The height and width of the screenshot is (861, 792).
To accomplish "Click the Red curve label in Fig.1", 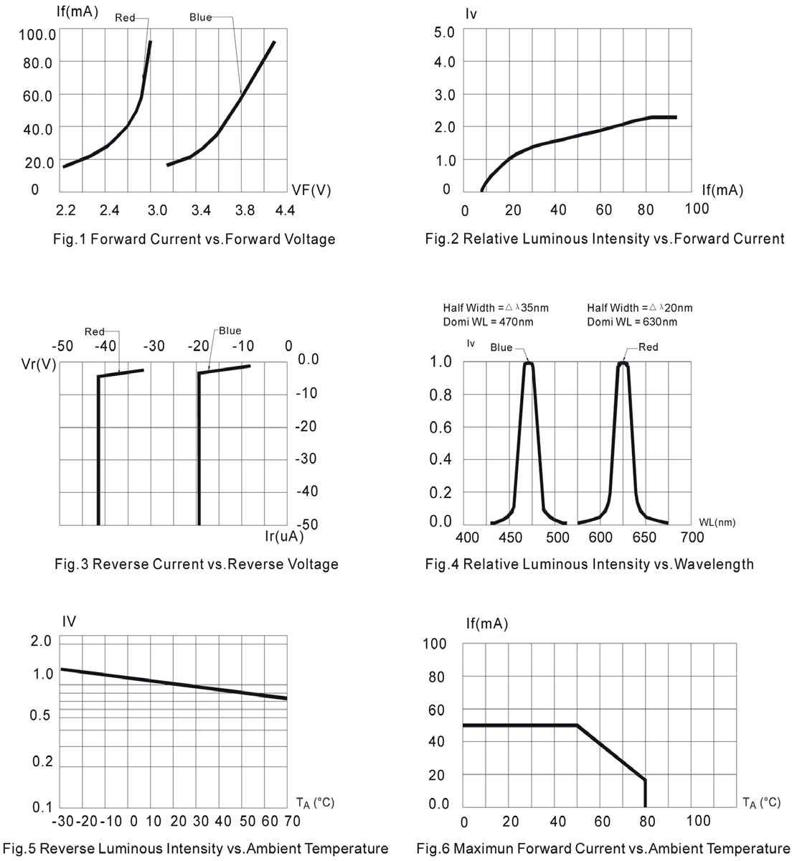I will pos(125,17).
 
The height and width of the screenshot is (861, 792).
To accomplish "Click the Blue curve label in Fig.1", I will pos(201,17).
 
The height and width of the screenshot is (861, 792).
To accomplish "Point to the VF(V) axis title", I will pos(311,190).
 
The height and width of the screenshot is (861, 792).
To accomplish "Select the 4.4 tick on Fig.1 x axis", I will pos(285,210).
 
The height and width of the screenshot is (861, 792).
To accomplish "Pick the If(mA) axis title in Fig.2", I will pos(722,190).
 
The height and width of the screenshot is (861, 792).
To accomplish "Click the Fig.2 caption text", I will pos(605,239).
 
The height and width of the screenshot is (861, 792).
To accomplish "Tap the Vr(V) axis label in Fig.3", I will pos(39,364).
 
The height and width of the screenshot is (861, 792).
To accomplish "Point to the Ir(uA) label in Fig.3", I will pos(284,536).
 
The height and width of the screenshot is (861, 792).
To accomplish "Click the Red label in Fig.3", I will pos(95,331).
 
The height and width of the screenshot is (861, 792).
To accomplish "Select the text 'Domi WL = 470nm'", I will pos(488,321).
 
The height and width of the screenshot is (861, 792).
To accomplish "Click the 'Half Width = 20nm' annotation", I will pos(639,308).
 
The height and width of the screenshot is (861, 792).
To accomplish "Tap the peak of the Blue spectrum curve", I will pos(529,364).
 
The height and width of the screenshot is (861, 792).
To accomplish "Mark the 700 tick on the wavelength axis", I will pos(692,537).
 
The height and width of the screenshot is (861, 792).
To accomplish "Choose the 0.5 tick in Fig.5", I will pos(42,715).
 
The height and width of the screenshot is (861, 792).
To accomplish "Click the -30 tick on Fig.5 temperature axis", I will pos(63,821).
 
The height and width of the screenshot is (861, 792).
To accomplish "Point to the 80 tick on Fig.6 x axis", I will pos(648,821).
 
